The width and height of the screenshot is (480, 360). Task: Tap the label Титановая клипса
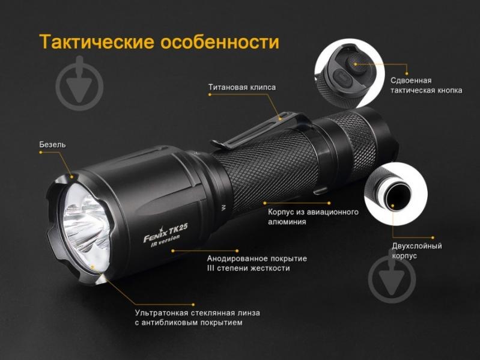[x=242, y=87]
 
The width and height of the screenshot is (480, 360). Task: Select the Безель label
[x=52, y=145]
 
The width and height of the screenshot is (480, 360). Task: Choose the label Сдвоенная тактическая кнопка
[x=426, y=85]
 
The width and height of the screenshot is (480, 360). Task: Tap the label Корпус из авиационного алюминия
[x=313, y=217]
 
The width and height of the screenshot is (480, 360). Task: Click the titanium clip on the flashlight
[x=252, y=133]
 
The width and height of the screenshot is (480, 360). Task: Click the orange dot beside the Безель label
[x=41, y=153]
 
